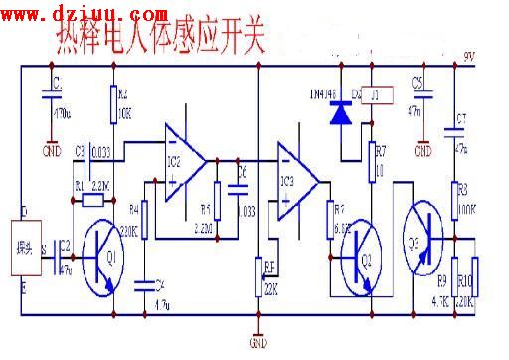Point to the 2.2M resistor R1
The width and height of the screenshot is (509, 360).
93,199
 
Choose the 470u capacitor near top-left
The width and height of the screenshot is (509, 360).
48,94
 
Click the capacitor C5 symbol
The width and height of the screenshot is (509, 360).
423,94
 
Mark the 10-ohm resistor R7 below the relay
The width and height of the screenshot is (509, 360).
374,159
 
